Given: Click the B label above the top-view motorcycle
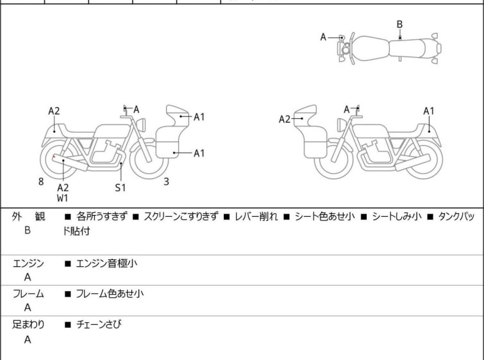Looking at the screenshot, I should point(399,24).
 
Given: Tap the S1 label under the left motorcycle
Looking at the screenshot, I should point(121,188).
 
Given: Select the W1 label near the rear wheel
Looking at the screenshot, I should point(63,198).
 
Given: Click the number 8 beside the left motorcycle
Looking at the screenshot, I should point(41,182).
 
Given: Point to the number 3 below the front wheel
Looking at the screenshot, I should point(166,182).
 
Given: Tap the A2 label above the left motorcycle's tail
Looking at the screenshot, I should point(54,111).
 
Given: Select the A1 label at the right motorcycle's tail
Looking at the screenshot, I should point(429,111).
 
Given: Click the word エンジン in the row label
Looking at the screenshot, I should point(28,262).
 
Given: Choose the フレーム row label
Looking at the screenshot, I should point(28,294).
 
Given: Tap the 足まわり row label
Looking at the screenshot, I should point(28,325).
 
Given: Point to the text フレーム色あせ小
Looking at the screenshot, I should point(110,294).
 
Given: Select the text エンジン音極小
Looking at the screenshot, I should point(106,262).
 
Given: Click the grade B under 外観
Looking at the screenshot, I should point(28,230).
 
